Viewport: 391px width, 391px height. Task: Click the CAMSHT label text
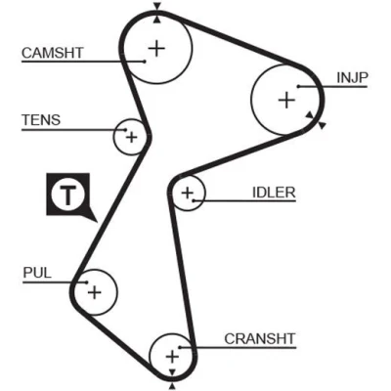tap(53, 53)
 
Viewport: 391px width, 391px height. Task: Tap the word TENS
tap(41, 120)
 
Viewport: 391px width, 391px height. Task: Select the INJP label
tap(352, 77)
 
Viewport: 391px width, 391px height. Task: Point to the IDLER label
tap(274, 193)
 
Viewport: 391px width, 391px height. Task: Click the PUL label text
tap(37, 273)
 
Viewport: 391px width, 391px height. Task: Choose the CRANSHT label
tap(260, 339)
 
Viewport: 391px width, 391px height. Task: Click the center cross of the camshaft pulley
tap(156, 49)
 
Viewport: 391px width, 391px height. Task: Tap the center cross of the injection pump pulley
tap(286, 100)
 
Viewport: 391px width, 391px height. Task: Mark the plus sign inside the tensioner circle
tap(132, 137)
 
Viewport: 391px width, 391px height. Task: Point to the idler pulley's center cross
tap(188, 193)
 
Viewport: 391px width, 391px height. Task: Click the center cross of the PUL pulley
tap(95, 292)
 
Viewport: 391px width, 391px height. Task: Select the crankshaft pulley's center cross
tap(172, 357)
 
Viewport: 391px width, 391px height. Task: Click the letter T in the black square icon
tap(67, 195)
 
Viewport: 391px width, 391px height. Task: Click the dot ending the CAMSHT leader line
tap(145, 62)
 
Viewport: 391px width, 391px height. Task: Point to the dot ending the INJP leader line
tap(298, 87)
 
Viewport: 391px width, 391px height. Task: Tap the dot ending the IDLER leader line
tap(194, 200)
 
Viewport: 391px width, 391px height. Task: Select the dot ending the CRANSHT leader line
tap(180, 347)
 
